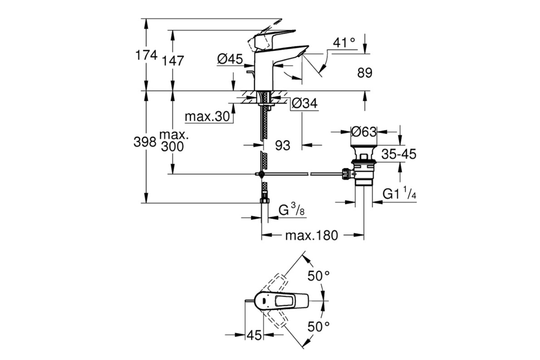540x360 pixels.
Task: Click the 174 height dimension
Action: pos(147,55)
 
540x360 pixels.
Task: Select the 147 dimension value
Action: pos(173,60)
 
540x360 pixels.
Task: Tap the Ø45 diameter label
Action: pos(230,59)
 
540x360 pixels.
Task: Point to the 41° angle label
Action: pos(344,43)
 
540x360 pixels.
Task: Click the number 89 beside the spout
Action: pos(365,72)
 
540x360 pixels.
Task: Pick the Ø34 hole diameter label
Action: pos(305,103)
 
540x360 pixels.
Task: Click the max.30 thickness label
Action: pos(207,117)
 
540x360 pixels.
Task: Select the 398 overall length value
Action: pos(145,142)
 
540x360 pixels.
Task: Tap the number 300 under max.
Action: pos(172,146)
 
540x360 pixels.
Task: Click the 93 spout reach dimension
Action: pos(283,145)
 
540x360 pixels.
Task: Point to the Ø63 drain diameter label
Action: pos(364,132)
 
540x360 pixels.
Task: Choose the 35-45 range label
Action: pos(399,154)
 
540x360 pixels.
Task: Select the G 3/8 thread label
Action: pos(292,209)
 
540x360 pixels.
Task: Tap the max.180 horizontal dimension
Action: pos(312,235)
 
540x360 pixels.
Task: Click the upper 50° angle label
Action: pos(319,275)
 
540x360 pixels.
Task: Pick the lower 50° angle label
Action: pos(319,327)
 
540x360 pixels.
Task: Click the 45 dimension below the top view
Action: pos(254,335)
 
